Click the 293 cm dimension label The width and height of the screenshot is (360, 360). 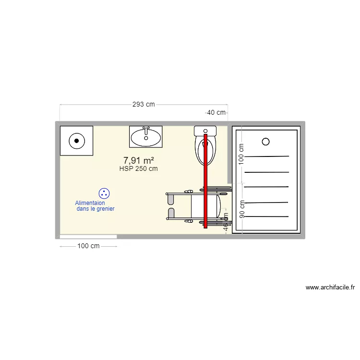(x=144, y=104)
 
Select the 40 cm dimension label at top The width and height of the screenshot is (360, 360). (x=216, y=112)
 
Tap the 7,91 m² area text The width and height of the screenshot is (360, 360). (x=139, y=160)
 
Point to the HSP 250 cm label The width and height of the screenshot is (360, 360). (x=139, y=168)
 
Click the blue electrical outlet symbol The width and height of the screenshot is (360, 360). (x=104, y=193)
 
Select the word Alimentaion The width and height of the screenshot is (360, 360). (x=90, y=203)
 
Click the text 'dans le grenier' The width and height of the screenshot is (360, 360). (x=96, y=209)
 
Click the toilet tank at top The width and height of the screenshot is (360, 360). (x=205, y=130)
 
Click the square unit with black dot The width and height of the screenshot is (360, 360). (x=76, y=141)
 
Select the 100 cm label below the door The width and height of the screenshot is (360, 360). (x=88, y=246)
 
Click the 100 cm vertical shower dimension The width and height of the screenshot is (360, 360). (x=241, y=154)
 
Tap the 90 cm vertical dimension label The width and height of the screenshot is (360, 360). (x=242, y=209)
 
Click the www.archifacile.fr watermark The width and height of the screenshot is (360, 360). (x=330, y=288)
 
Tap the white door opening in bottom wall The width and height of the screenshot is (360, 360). (x=88, y=237)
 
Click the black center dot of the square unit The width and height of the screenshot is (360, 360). (x=76, y=141)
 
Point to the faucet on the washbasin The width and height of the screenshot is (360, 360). (x=146, y=129)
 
